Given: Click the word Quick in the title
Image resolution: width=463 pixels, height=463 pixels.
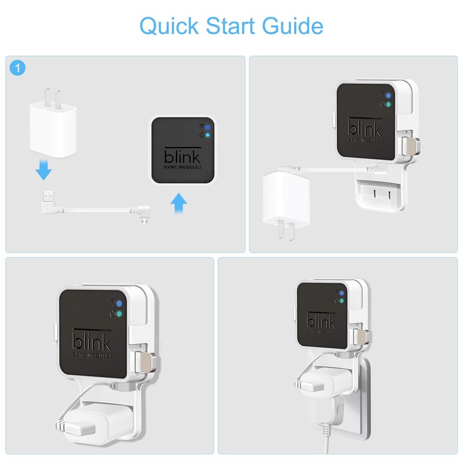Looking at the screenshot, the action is [x=169, y=26].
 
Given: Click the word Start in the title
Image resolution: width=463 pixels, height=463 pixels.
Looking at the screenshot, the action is [x=230, y=26].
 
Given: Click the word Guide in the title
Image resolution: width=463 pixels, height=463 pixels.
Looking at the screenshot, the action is [x=292, y=25].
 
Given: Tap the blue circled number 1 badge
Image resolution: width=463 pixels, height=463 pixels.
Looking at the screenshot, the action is [x=17, y=68].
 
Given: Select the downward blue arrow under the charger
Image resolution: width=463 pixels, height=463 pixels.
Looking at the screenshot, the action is [x=44, y=170].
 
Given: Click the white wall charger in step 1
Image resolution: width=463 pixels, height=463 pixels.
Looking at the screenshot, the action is [x=53, y=124].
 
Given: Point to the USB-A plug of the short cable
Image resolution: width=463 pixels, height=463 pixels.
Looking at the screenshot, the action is [x=49, y=201].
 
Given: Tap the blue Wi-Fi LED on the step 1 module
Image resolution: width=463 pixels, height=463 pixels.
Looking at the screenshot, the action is [x=208, y=127].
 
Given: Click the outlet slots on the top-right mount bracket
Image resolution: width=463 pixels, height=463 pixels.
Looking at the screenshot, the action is [x=382, y=194].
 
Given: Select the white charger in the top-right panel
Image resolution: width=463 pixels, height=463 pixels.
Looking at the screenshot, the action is [x=286, y=204].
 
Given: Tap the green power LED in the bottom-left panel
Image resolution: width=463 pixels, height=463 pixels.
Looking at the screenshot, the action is [x=119, y=314].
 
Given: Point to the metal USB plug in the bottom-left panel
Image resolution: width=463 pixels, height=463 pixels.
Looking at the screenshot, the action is [x=145, y=362].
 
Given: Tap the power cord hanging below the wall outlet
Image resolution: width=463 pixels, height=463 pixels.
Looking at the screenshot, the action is [x=326, y=440].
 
